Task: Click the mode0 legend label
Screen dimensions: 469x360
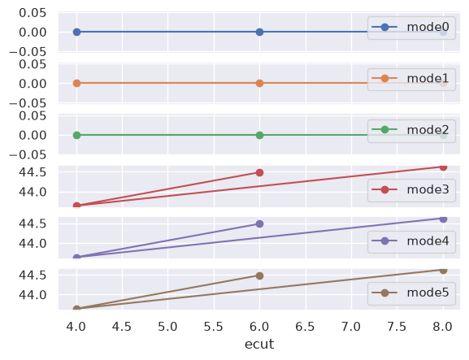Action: [x=428, y=27]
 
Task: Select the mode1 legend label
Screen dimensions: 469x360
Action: [x=428, y=78]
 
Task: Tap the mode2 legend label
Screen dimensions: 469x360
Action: [x=428, y=130]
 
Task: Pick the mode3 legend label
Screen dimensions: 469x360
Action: [x=428, y=189]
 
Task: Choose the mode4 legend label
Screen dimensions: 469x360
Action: [x=428, y=241]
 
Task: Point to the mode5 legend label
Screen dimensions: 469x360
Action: [x=428, y=293]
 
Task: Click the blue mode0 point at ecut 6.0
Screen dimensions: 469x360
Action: [x=259, y=32]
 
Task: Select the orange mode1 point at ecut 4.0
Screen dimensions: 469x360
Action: [x=77, y=83]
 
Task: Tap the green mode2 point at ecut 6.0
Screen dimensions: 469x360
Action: [x=259, y=135]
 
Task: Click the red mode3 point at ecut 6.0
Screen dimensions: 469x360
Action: [x=259, y=172]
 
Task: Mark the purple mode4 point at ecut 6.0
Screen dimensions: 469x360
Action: [x=259, y=224]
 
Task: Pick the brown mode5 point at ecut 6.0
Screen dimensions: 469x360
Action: [x=259, y=275]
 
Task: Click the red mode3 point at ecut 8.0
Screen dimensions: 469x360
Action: [x=443, y=167]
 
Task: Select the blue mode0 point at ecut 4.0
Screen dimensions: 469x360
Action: [x=77, y=32]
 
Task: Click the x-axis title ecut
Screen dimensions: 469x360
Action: [x=259, y=344]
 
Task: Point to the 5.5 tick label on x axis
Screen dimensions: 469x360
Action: [x=214, y=327]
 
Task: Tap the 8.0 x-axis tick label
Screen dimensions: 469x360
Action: [x=443, y=327]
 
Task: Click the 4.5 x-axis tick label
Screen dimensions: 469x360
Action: [x=122, y=327]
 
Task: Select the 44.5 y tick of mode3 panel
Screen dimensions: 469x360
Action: [x=33, y=172]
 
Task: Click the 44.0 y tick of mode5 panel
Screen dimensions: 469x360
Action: [x=33, y=295]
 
